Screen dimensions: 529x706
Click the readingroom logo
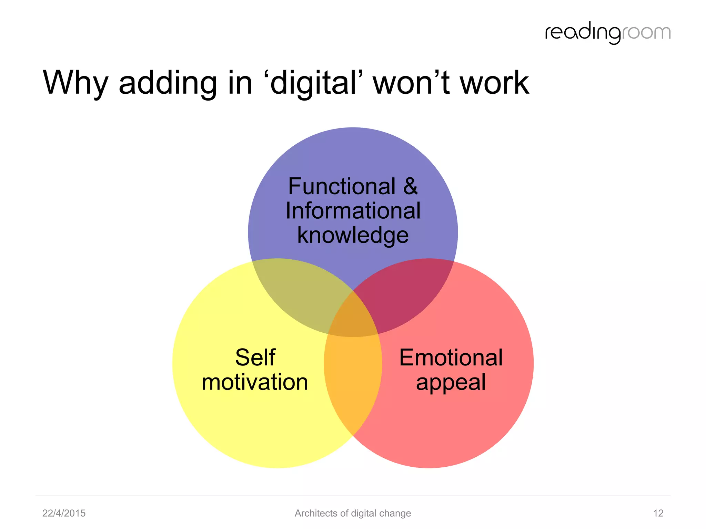pos(607,33)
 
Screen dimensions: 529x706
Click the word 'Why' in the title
pos(75,83)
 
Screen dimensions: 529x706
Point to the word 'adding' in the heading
pos(168,83)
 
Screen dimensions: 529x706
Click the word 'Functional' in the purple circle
pos(342,186)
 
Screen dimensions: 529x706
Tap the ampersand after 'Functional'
pos(410,186)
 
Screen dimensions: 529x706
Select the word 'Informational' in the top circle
pos(353,211)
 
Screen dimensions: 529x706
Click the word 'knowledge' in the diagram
pos(353,236)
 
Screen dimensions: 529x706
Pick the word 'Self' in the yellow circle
pos(255,357)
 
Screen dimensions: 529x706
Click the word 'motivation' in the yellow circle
pos(255,382)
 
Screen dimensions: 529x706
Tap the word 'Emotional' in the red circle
pos(451,357)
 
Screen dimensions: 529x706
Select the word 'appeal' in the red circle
pos(451,382)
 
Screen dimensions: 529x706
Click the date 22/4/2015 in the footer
pos(64,513)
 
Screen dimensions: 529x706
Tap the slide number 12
pos(658,513)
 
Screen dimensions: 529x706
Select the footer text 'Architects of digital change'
pos(353,513)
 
